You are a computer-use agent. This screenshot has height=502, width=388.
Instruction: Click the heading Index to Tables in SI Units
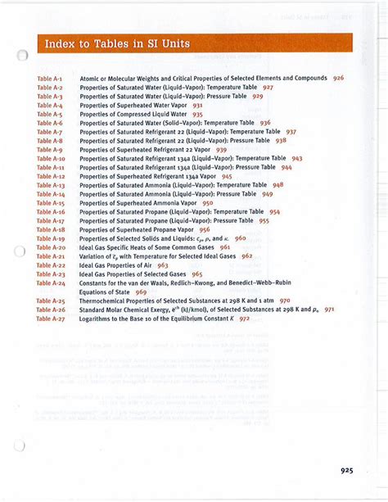pos(117,43)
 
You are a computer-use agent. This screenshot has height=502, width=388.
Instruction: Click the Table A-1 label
pos(50,78)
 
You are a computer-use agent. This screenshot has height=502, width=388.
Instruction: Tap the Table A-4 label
pos(50,106)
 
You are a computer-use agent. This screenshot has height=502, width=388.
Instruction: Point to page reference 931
pos(197,106)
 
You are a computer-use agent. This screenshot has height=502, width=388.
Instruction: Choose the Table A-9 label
pos(50,150)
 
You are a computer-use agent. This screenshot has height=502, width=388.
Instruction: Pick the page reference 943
pos(296,158)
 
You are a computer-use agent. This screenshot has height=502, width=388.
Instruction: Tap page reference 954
pos(274,212)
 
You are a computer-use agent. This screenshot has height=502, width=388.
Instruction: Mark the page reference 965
pos(197,274)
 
